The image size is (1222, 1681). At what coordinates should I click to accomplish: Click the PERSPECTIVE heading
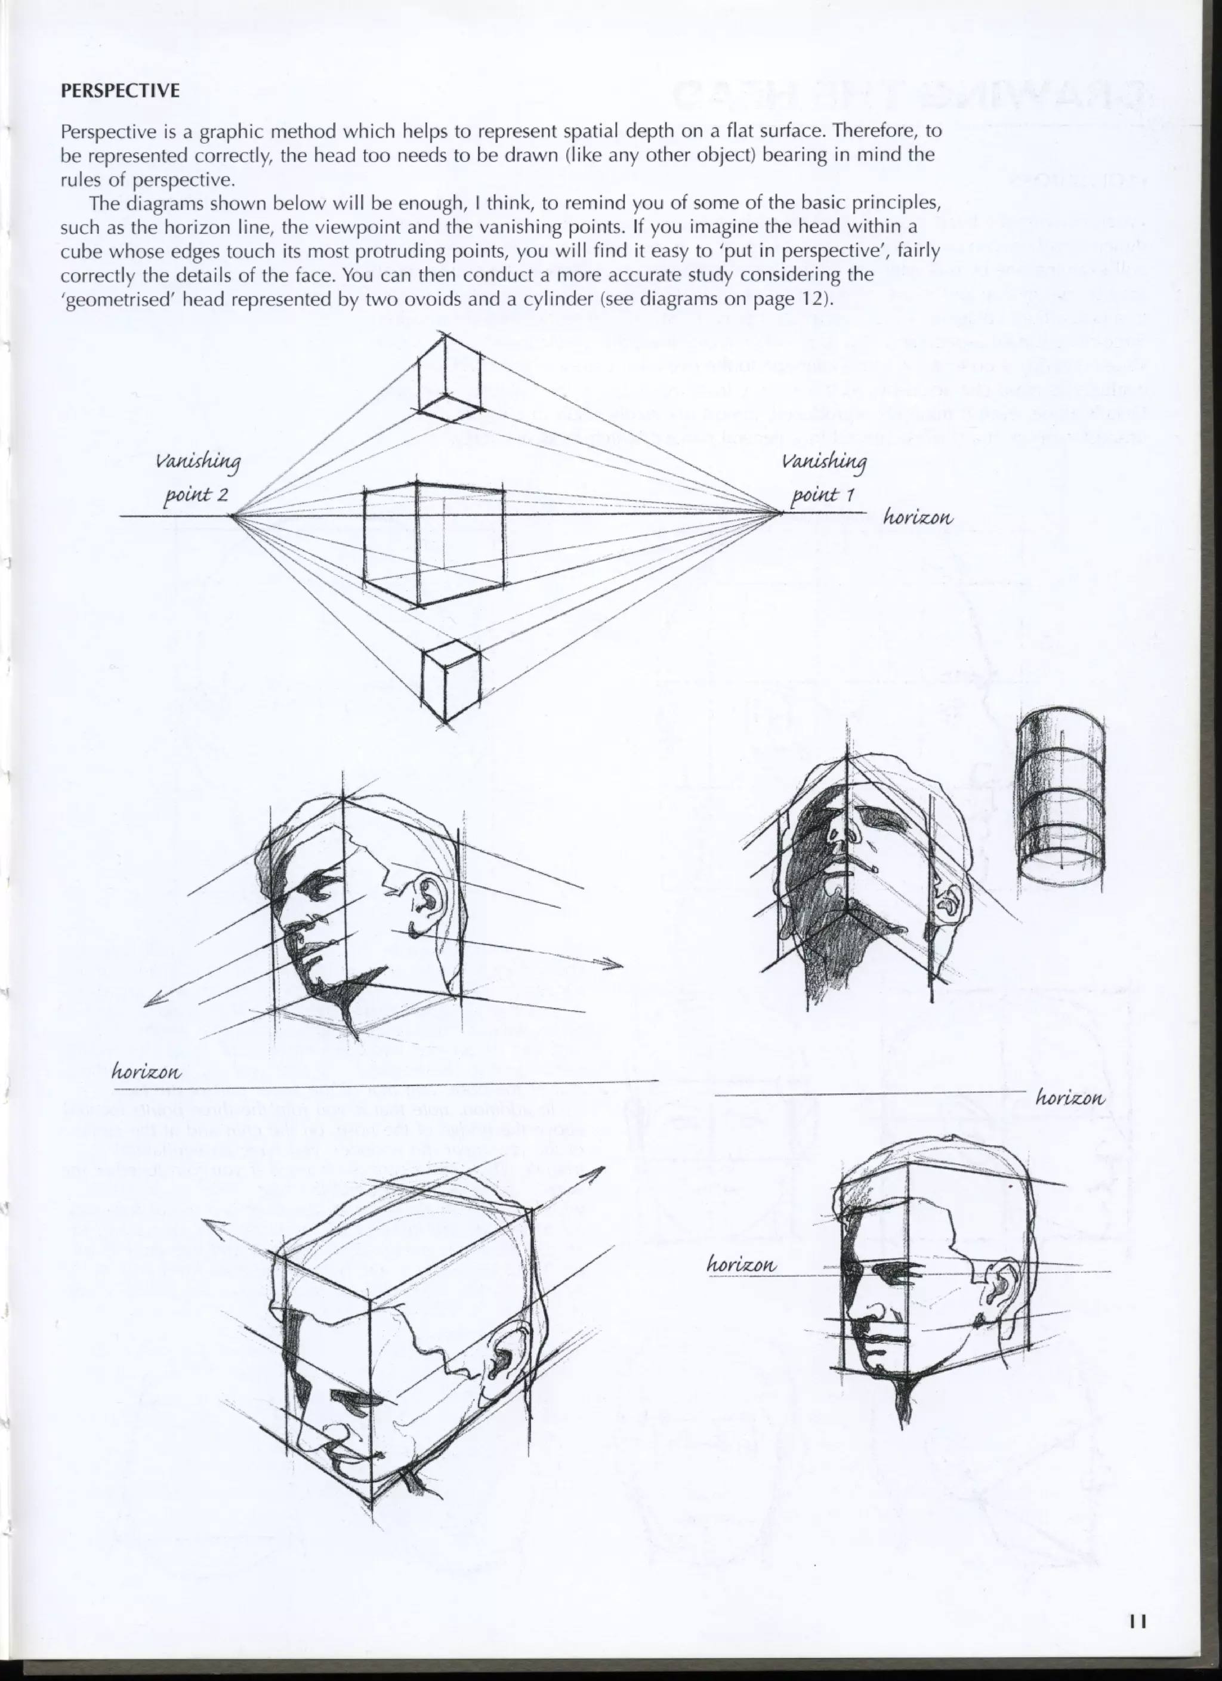pyautogui.click(x=119, y=91)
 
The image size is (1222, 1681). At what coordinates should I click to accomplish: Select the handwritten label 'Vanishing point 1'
pyautogui.click(x=824, y=478)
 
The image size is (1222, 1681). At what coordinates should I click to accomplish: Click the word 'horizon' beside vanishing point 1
pyautogui.click(x=918, y=517)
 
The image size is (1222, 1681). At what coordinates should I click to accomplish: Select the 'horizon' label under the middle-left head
pyautogui.click(x=146, y=1071)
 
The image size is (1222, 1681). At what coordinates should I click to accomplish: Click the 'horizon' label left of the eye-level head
pyautogui.click(x=742, y=1264)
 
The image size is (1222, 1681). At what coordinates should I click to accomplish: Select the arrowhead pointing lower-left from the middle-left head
pyautogui.click(x=150, y=1001)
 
